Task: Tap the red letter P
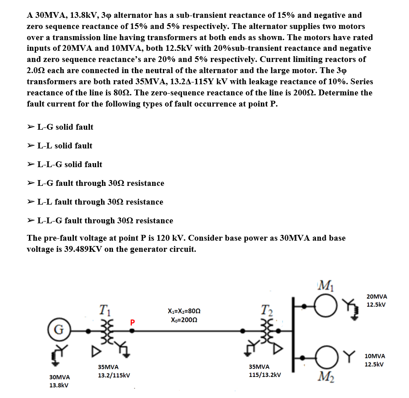coord(132,321)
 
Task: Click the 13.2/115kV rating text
coord(114,375)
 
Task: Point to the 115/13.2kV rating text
coord(265,375)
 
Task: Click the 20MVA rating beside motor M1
coord(376,296)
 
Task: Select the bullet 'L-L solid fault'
coord(65,146)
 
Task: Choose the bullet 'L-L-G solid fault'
coord(69,164)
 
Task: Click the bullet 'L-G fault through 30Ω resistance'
coord(101,183)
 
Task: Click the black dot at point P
coord(132,331)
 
